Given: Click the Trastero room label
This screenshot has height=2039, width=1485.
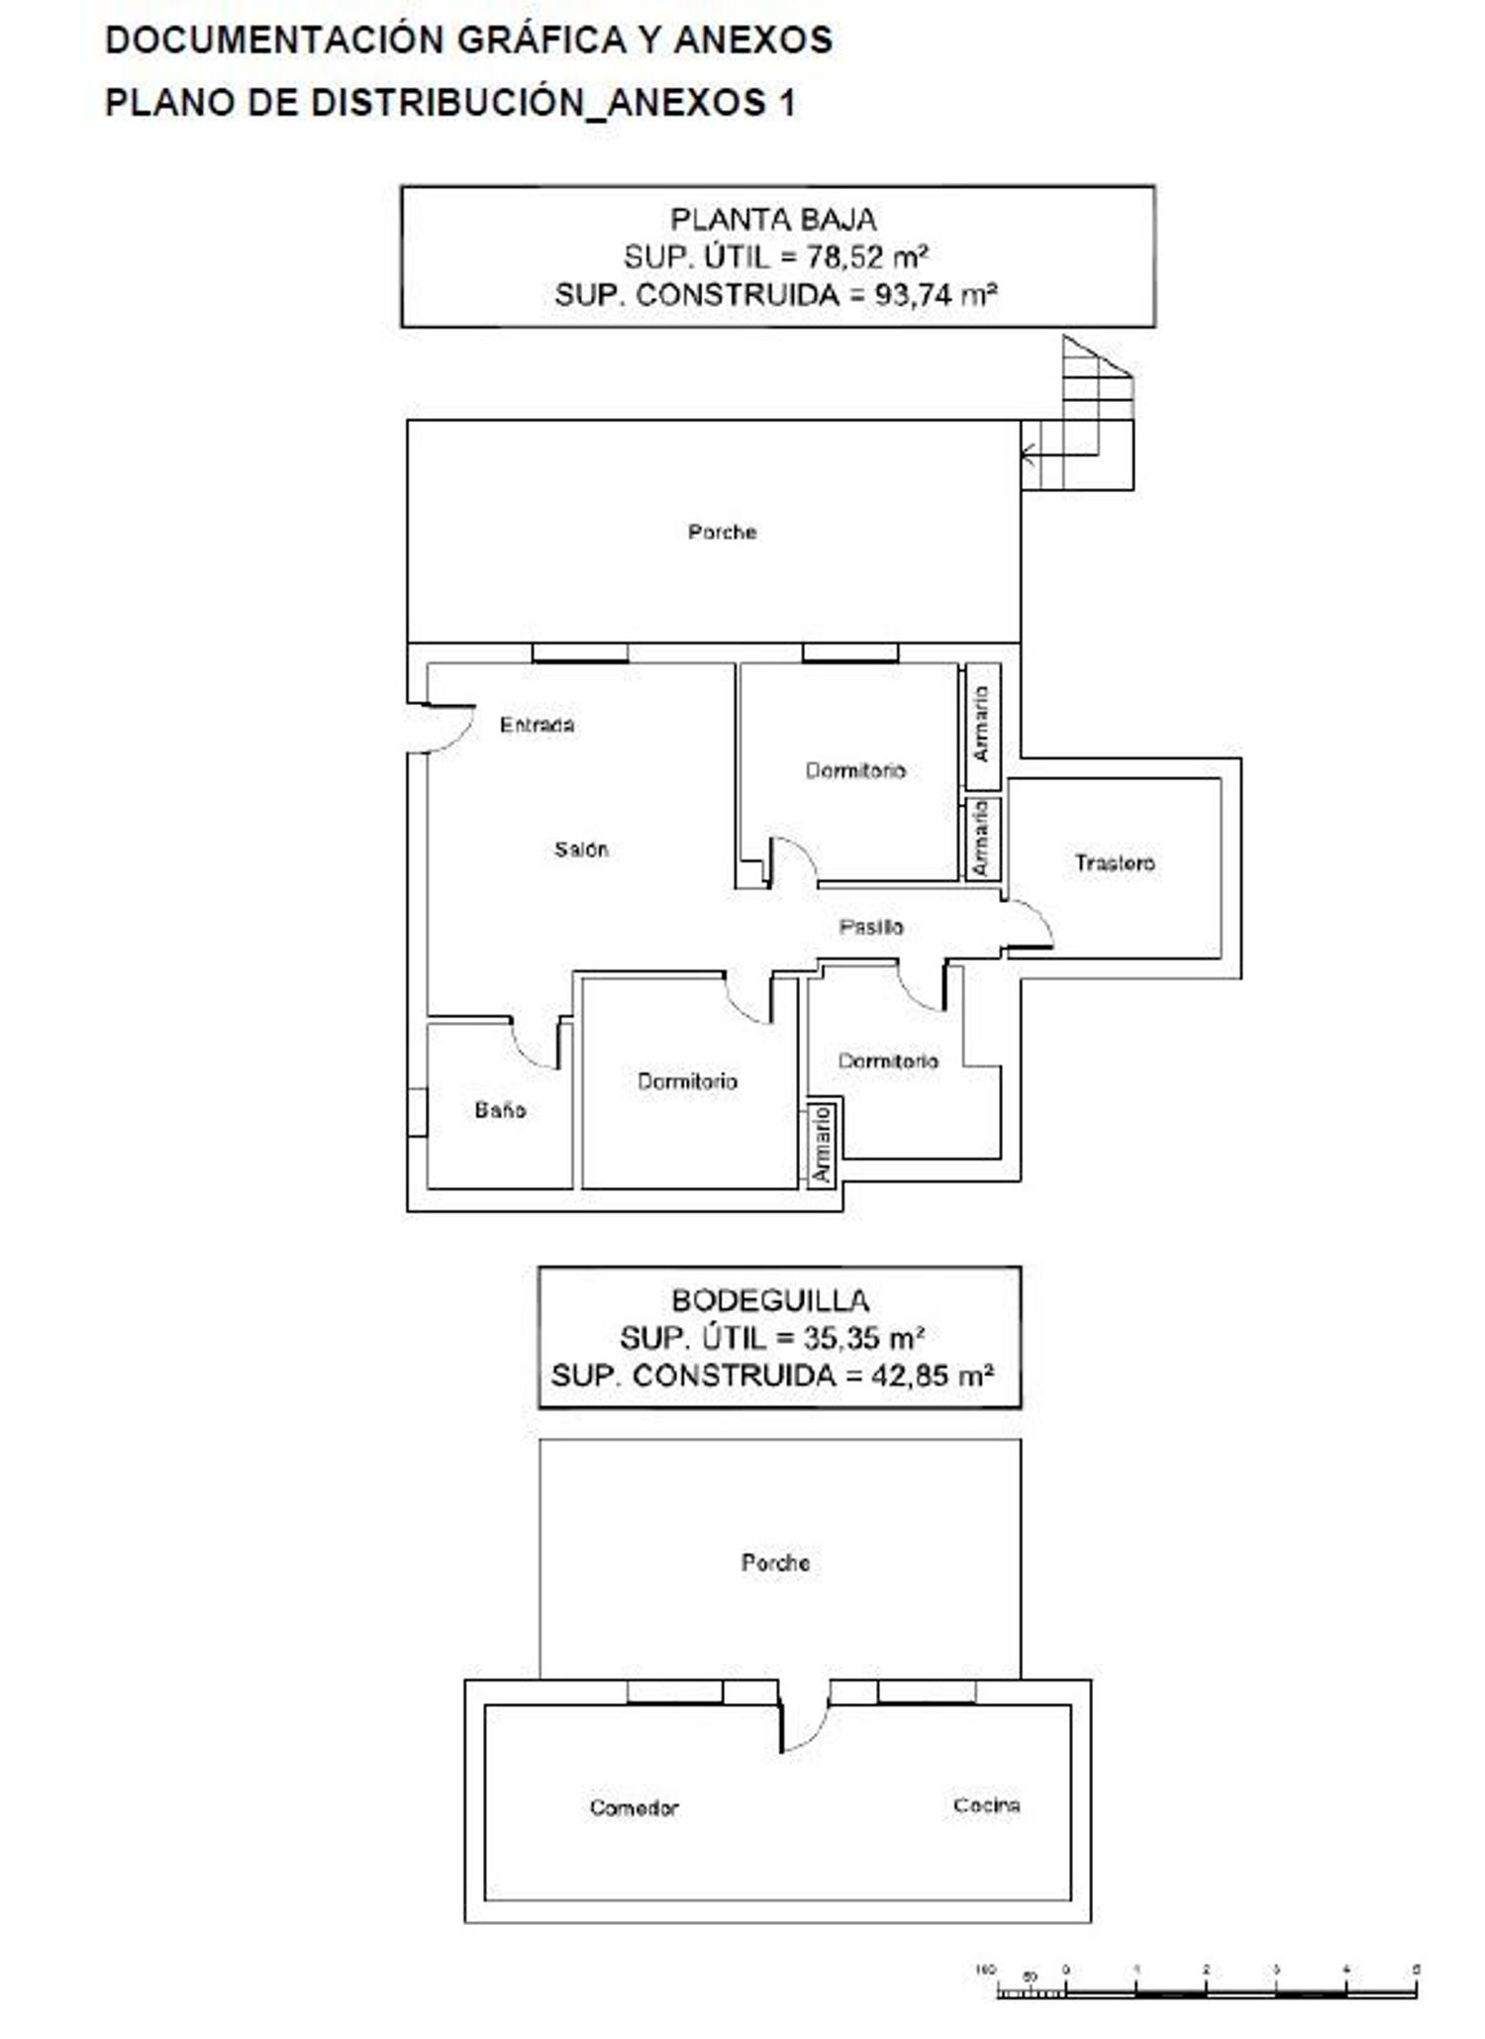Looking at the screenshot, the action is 1115,863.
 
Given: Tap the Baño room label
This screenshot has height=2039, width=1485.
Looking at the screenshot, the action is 500,1109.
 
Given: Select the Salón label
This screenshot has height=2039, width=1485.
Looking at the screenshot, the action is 581,849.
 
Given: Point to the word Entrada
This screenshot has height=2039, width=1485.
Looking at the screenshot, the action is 537,725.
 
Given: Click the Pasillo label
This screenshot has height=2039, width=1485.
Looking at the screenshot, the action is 871,927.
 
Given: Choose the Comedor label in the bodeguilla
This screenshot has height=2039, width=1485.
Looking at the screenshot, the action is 634,1807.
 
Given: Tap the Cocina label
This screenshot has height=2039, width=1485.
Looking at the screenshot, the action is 986,1805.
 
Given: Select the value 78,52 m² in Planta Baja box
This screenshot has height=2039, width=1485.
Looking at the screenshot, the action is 867,257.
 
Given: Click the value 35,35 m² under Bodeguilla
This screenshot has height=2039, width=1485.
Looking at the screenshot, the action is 863,1338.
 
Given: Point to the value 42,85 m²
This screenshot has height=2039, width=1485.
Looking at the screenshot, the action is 934,1376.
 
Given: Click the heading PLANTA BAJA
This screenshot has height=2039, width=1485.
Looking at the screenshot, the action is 774,219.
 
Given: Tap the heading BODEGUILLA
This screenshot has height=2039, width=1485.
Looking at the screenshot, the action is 770,1300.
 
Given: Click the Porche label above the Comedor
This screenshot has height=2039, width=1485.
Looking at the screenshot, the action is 775,1563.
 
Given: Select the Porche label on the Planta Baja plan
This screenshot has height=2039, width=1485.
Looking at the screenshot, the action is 723,532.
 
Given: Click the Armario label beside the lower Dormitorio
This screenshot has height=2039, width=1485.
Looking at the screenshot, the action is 822,1144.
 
